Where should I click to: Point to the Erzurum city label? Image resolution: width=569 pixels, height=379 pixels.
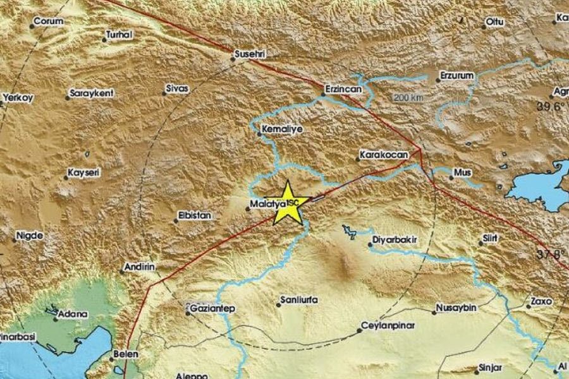click(456, 75)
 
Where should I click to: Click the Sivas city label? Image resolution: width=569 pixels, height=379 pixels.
click(177, 90)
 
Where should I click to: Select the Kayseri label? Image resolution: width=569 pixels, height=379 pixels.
click(84, 172)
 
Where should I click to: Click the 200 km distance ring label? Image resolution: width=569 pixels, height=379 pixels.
click(407, 98)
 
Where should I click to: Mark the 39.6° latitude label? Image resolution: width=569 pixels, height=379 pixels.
click(550, 107)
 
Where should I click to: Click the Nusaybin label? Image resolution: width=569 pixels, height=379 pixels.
click(455, 309)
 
